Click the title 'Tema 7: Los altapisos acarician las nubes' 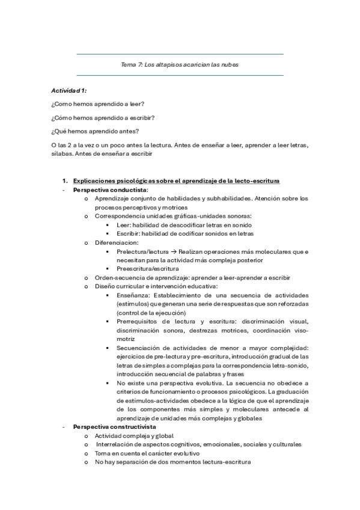[x=180, y=64]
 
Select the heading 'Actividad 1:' [x=69, y=90]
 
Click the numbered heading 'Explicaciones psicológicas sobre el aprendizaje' [x=175, y=181]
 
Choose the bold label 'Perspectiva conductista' [x=109, y=189]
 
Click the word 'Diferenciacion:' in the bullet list [x=117, y=242]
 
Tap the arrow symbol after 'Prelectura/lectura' [x=172, y=251]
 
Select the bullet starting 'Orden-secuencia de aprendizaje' [x=192, y=278]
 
